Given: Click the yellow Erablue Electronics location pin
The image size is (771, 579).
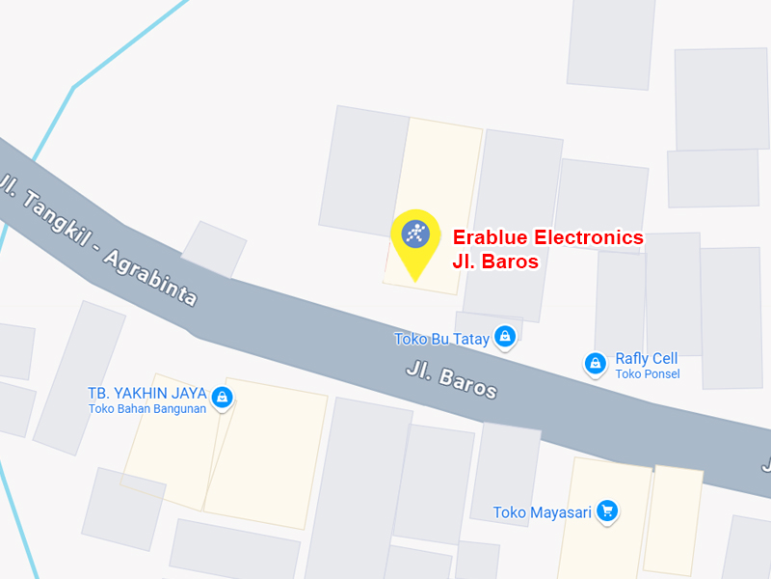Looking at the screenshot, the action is click(415, 237).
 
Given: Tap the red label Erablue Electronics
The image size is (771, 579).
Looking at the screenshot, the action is click(547, 237).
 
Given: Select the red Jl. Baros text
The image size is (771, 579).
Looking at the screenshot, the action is click(495, 262).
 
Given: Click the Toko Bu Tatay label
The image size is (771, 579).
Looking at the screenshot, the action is click(441, 339).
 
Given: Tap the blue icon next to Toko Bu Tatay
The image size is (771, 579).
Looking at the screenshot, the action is click(504, 337).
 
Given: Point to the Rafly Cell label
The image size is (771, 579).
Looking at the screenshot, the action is click(646, 359).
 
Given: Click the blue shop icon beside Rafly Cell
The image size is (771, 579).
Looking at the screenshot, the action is click(596, 363).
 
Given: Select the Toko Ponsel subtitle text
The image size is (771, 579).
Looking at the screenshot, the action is click(647, 374).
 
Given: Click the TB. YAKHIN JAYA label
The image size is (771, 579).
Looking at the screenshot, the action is click(147, 393).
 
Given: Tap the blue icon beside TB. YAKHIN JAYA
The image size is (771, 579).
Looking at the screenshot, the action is click(223, 396).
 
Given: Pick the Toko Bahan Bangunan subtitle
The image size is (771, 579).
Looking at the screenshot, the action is click(147, 408).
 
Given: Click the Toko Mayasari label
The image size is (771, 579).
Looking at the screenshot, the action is click(542, 512).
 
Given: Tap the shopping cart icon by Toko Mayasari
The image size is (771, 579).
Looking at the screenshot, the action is click(606, 510).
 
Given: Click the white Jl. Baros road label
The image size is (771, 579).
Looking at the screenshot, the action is click(451, 380).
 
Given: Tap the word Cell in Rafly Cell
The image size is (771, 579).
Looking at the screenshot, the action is click(664, 359).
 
